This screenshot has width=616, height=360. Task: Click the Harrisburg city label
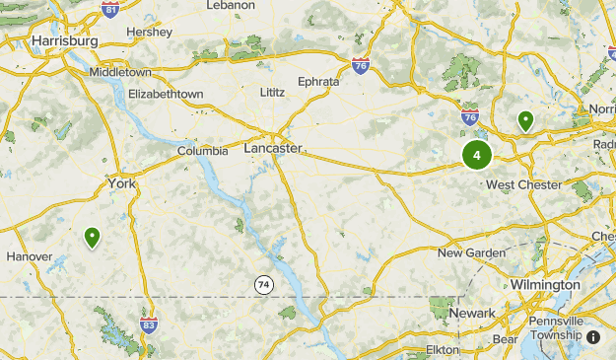[x=65, y=40]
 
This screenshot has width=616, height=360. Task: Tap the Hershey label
[x=150, y=32]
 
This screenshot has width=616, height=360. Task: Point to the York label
[x=122, y=183]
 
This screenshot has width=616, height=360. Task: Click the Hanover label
[x=29, y=256]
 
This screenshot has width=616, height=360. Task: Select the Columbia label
[x=203, y=151]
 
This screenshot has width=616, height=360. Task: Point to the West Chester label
[x=523, y=184]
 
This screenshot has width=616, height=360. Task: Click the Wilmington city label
[x=545, y=284]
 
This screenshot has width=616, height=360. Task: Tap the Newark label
[x=472, y=313]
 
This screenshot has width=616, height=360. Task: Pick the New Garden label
[x=470, y=252]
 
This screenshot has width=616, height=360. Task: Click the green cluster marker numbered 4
[x=476, y=155]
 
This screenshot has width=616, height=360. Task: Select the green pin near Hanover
[x=92, y=237]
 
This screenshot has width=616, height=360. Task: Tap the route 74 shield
[x=263, y=285]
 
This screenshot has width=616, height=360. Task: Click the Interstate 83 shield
[x=149, y=324]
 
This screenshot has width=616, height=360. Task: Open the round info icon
[x=593, y=336]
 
